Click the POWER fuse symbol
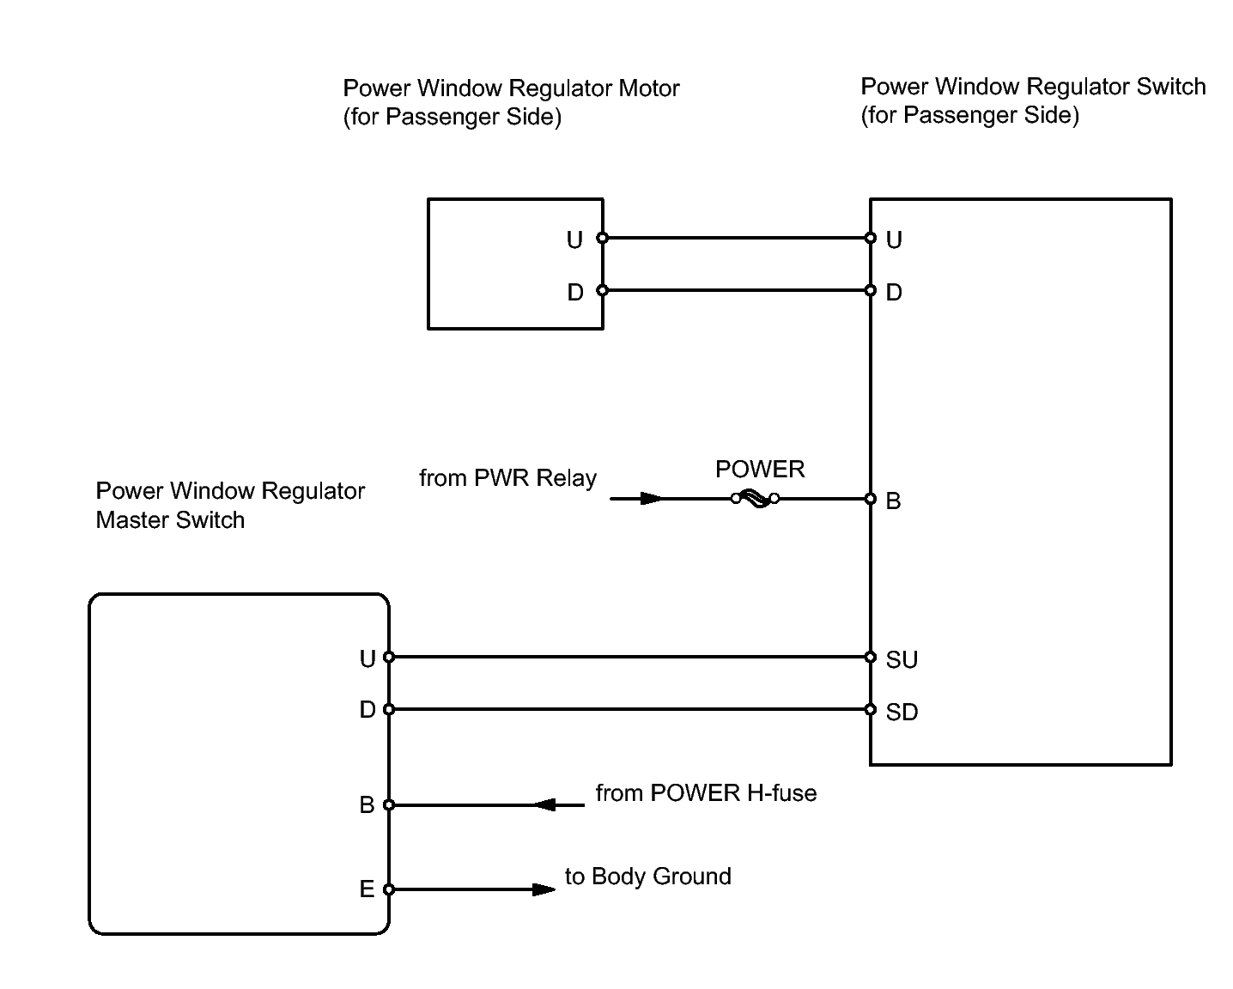(756, 499)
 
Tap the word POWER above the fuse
(760, 470)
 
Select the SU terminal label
(902, 659)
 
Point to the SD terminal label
(902, 712)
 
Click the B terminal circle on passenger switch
(871, 499)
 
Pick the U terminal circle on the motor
(603, 238)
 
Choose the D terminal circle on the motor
(603, 290)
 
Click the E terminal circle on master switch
(389, 889)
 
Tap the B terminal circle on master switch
(389, 805)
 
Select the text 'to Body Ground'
(647, 877)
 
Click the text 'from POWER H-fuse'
(706, 793)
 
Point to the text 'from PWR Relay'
(507, 478)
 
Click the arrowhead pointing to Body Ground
(544, 889)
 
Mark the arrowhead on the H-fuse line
(546, 805)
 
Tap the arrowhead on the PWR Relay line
(653, 499)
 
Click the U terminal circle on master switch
(389, 658)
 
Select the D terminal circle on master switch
(389, 710)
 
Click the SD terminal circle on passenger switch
(871, 710)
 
